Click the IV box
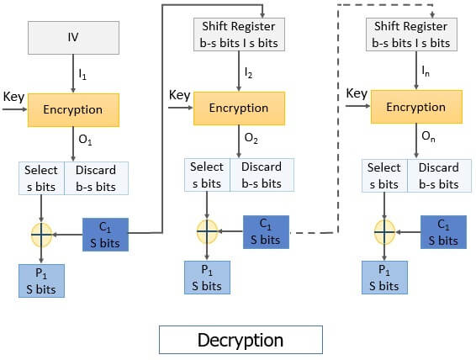click(74, 37)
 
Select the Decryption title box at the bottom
click(240, 340)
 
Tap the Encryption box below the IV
click(74, 110)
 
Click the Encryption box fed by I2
click(238, 109)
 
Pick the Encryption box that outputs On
click(415, 108)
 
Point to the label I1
click(82, 75)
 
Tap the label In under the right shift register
click(427, 74)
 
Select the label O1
click(85, 140)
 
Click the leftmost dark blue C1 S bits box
click(105, 233)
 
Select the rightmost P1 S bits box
click(384, 278)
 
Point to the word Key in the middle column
click(180, 95)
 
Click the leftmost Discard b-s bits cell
click(95, 177)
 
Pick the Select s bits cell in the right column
click(384, 175)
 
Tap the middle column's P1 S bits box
click(207, 278)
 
